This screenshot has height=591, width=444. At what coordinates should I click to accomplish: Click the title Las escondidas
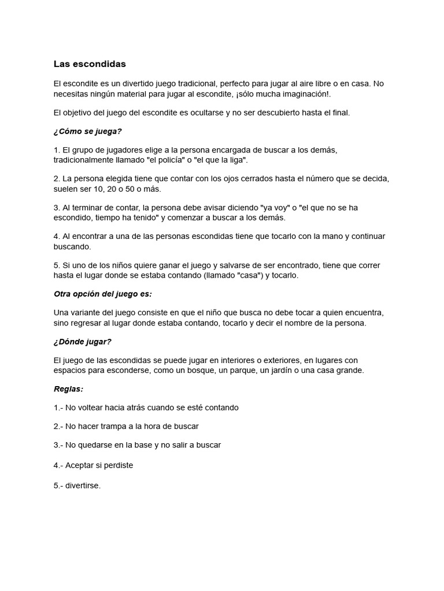[x=90, y=63]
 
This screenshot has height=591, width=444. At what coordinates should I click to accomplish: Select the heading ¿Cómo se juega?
[x=88, y=131]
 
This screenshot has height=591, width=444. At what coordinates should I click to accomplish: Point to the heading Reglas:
[x=68, y=388]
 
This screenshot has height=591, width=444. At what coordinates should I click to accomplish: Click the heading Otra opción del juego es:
[x=102, y=294]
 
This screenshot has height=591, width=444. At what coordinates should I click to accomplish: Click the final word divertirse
[x=83, y=485]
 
